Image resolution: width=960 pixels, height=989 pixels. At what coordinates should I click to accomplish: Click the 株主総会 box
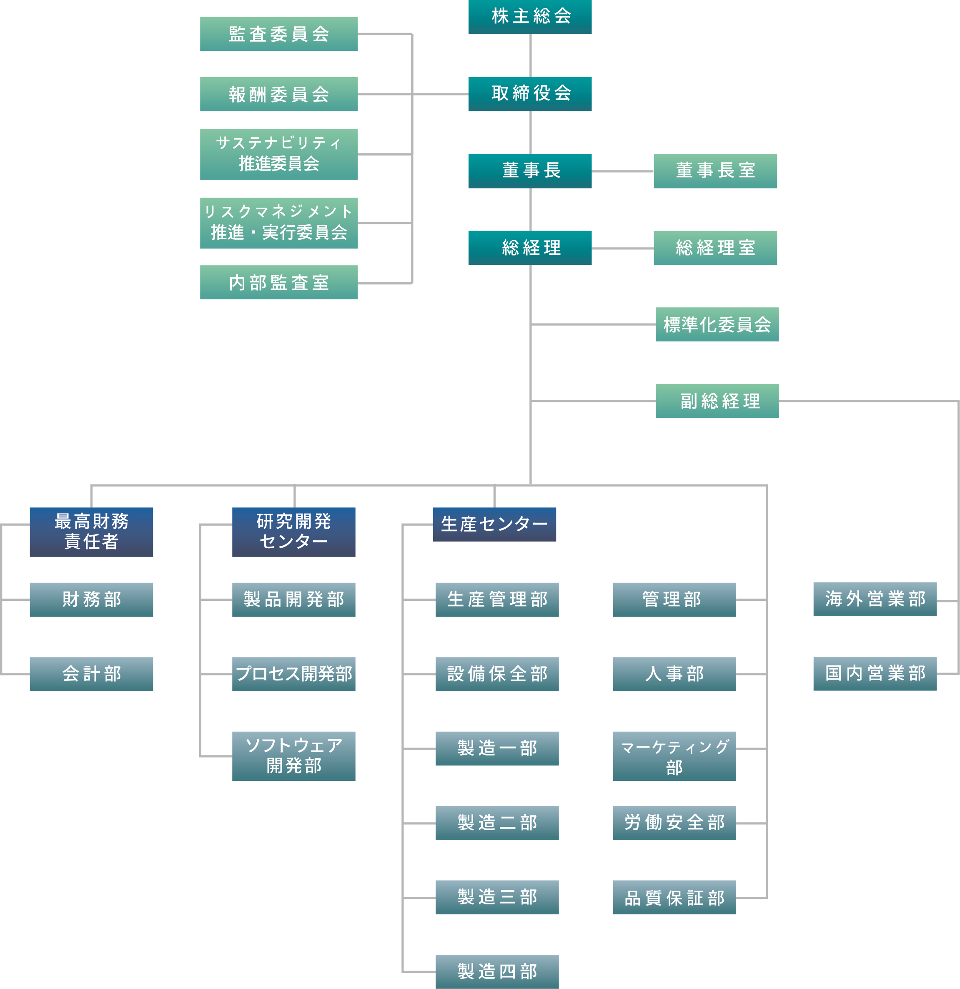click(x=530, y=17)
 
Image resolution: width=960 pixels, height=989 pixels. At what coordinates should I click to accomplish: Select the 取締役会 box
click(x=530, y=94)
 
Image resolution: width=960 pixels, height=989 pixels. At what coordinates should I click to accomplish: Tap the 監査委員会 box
click(x=278, y=34)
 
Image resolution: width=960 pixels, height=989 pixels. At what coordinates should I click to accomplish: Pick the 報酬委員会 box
click(x=278, y=94)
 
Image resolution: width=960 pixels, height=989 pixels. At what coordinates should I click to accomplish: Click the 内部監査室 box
click(x=278, y=282)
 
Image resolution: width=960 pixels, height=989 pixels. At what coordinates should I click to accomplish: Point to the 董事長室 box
click(x=715, y=171)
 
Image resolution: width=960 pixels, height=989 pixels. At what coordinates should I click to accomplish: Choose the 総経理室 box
click(x=715, y=248)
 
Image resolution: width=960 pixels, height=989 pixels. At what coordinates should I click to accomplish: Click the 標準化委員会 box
click(x=717, y=324)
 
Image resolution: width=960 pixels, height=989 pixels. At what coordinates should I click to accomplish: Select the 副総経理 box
click(x=717, y=401)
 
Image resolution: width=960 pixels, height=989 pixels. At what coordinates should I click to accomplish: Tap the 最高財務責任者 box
click(x=91, y=532)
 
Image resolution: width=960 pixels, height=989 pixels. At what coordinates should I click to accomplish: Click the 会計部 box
click(x=91, y=674)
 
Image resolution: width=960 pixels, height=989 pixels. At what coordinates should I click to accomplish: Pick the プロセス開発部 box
click(x=293, y=674)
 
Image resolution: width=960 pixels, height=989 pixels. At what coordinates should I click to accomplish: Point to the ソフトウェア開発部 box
click(x=293, y=756)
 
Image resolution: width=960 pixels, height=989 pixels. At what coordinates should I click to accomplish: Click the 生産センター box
click(x=494, y=524)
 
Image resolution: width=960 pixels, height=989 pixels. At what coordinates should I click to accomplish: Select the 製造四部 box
click(x=497, y=971)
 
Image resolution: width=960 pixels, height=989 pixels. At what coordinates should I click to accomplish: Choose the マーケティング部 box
click(x=674, y=756)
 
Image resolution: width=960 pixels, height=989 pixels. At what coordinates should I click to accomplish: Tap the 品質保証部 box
click(x=674, y=897)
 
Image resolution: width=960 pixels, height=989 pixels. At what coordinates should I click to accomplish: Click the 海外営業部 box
click(x=875, y=599)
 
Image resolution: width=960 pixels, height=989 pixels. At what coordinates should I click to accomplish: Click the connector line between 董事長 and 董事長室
click(x=622, y=171)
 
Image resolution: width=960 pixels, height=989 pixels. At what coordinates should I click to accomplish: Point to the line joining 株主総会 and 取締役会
click(x=530, y=55)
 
